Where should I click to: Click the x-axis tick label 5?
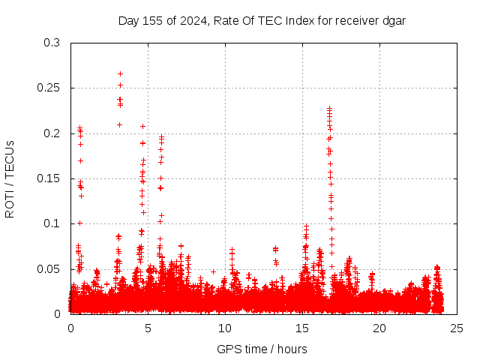click(148, 328)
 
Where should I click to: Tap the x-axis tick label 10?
click(225, 328)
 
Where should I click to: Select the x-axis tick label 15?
click(302, 328)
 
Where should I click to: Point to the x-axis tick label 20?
click(379, 328)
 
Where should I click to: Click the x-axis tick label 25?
click(457, 328)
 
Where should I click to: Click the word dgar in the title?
click(393, 20)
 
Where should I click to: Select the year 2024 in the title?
click(191, 20)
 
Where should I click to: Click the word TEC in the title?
click(271, 20)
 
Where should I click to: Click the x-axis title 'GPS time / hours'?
click(262, 349)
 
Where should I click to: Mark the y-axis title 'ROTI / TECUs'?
click(10, 178)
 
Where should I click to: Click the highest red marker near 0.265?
click(120, 74)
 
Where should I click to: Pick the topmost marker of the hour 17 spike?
click(329, 109)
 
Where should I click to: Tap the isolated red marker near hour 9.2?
click(213, 271)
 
